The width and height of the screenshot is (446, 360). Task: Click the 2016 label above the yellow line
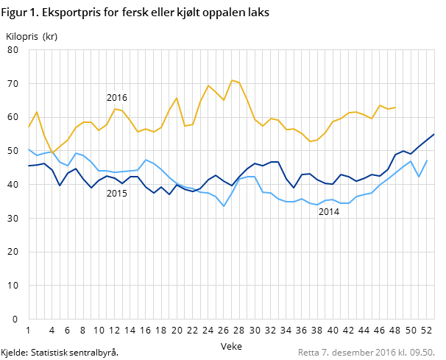[117, 97]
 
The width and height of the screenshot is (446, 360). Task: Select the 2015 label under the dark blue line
[117, 194]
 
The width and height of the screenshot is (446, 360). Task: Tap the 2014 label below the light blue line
[328, 212]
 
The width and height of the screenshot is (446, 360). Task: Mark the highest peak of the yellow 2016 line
[232, 80]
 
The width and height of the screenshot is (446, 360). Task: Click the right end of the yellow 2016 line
[395, 107]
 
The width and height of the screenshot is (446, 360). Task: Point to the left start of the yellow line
[29, 127]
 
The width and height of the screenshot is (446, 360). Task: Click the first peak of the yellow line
[37, 112]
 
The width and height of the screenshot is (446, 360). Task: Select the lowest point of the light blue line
[224, 206]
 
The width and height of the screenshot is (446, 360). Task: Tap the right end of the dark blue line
[434, 134]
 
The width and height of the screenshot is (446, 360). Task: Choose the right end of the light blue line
[427, 160]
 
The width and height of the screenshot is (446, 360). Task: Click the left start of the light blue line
[29, 149]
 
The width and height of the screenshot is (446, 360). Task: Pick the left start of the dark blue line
[29, 166]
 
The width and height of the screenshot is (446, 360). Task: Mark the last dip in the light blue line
[419, 177]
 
